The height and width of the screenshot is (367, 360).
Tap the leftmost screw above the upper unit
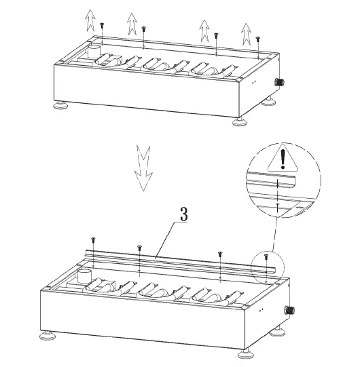pos(102,24)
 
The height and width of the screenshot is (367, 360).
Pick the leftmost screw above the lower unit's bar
pos(93,239)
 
